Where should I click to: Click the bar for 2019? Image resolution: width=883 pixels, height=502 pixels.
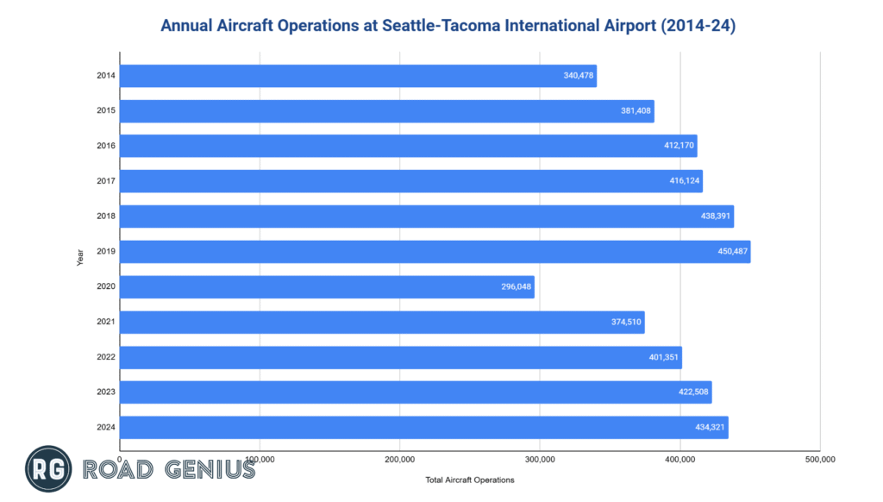point(431,252)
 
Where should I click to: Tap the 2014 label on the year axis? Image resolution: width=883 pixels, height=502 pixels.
point(107,76)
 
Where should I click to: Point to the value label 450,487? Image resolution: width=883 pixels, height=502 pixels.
point(730,252)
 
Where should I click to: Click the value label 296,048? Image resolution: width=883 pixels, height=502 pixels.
point(515,287)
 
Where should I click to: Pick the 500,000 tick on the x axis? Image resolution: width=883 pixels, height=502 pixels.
point(819,459)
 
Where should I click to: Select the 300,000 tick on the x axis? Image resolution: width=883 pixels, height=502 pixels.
point(539,459)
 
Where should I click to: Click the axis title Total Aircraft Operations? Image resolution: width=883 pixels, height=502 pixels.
point(470,480)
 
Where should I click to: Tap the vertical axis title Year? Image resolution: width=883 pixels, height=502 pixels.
point(80,257)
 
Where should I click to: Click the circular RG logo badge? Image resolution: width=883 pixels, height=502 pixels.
point(48,469)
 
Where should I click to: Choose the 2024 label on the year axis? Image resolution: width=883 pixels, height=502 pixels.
point(107,428)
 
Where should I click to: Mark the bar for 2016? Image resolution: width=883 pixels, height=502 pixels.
point(405,146)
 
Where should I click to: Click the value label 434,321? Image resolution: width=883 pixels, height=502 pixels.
point(709,428)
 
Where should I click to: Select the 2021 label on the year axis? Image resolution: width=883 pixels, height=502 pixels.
point(107,323)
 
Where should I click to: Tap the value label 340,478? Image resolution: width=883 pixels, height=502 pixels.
point(578,76)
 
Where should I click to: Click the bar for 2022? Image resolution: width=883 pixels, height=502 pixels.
point(397,358)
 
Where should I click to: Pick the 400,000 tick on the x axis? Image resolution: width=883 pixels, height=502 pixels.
point(679,459)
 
